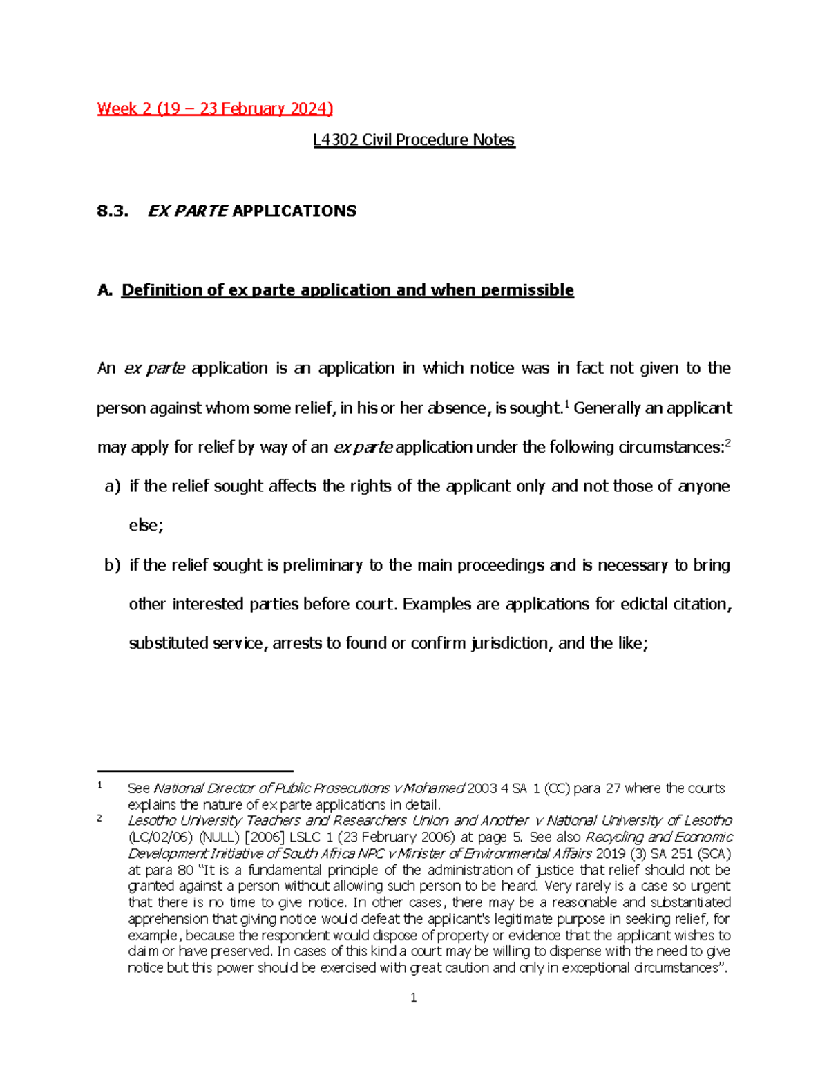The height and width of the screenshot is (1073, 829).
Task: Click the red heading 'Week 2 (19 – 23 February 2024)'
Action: [x=215, y=108]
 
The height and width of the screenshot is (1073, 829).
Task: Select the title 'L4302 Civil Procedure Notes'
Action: [x=414, y=140]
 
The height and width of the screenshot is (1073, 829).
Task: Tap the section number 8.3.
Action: [x=113, y=211]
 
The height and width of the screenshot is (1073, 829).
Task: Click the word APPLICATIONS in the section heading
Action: [x=294, y=211]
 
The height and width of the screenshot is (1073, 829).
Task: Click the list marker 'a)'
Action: [x=112, y=486]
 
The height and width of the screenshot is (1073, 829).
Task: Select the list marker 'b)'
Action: [x=112, y=565]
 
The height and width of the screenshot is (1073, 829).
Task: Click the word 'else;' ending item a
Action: [x=146, y=526]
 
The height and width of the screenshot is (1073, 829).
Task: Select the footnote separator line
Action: [x=196, y=771]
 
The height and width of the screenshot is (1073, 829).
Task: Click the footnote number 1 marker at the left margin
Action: [x=100, y=785]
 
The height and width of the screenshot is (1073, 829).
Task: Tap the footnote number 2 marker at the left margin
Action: [x=100, y=818]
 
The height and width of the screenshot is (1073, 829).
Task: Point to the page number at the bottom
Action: [x=413, y=998]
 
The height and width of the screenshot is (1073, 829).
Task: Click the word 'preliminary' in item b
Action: [x=322, y=565]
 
